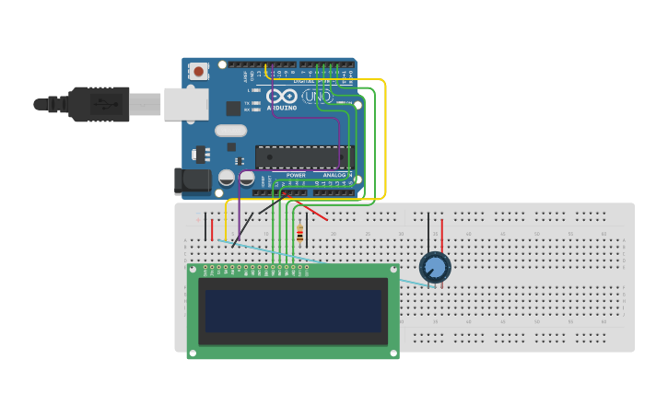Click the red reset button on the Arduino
[x=198, y=71]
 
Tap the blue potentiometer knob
[x=435, y=268]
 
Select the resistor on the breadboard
[x=299, y=235]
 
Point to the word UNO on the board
[x=318, y=96]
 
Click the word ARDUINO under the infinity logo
[x=282, y=108]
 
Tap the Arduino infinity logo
[x=282, y=96]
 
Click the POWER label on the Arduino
[x=296, y=175]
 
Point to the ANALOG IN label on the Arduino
[x=337, y=175]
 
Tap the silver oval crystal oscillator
[x=230, y=131]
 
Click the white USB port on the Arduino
[x=186, y=104]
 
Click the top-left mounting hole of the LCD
[x=192, y=270]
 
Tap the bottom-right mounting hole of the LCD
[x=394, y=353]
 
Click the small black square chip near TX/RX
[x=233, y=108]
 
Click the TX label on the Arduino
[x=247, y=102]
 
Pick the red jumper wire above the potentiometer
[x=441, y=235]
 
